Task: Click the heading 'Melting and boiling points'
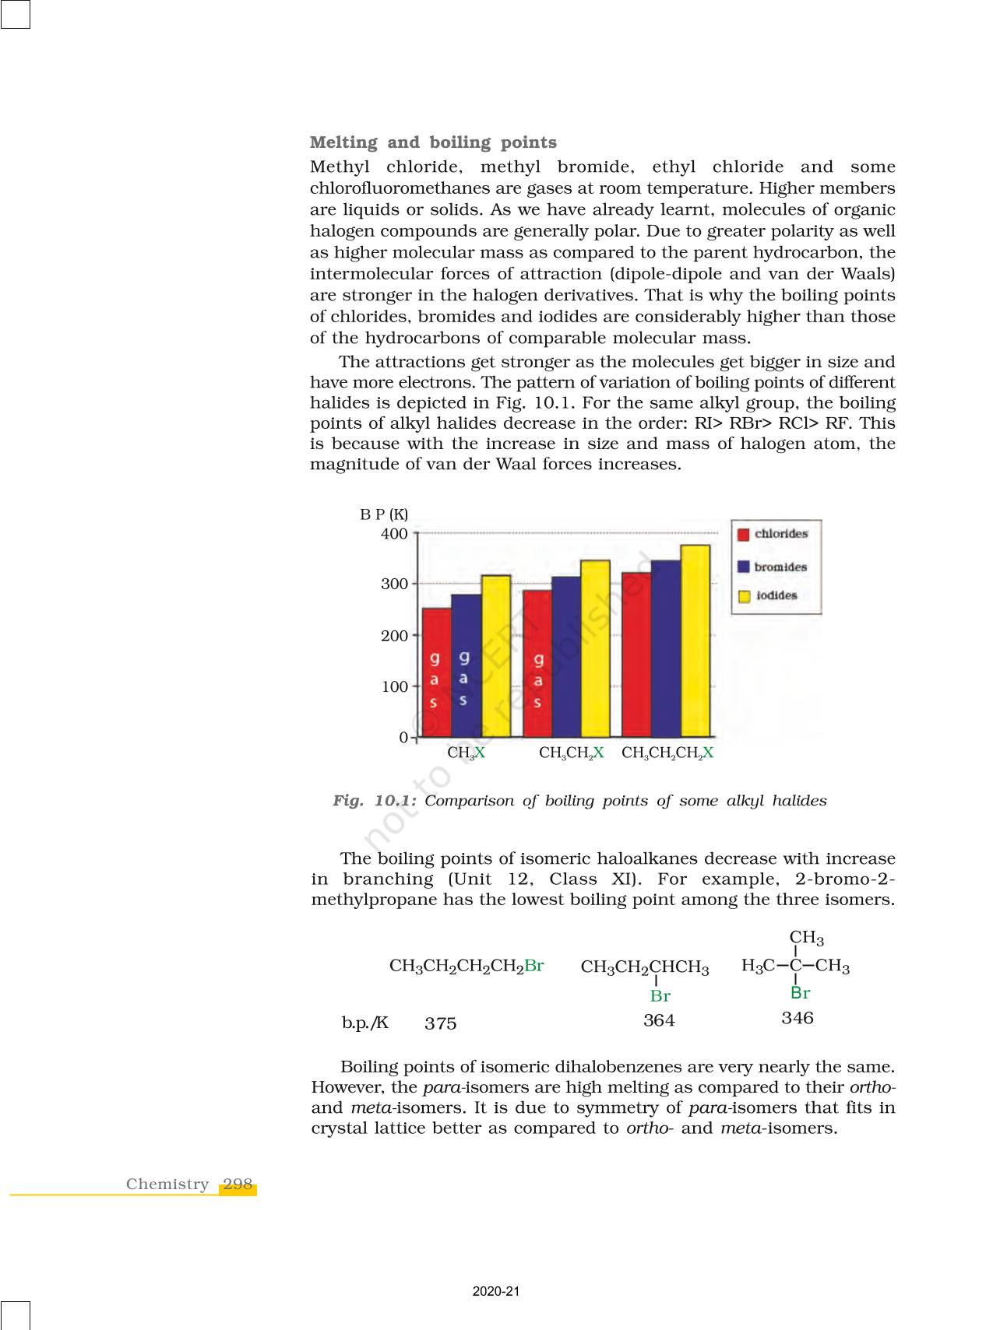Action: click(x=433, y=142)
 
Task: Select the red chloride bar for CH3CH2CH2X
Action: click(x=636, y=654)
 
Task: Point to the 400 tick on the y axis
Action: click(x=394, y=534)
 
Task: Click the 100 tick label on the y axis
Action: click(x=394, y=686)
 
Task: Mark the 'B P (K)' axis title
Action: click(x=383, y=514)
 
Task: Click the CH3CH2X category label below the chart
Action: click(x=572, y=753)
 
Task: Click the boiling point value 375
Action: click(x=441, y=1023)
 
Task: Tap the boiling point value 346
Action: click(x=798, y=1018)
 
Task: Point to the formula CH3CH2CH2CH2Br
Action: click(x=467, y=967)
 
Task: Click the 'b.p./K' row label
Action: click(x=364, y=1023)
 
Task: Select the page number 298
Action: click(x=238, y=1184)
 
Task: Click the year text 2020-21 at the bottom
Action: click(x=495, y=1291)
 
